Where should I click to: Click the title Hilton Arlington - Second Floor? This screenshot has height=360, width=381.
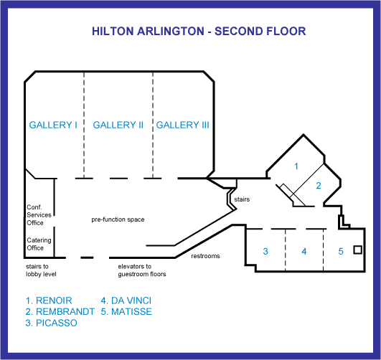[199, 32]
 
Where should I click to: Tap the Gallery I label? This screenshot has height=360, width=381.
[53, 125]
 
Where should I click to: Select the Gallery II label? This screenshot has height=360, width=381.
[118, 125]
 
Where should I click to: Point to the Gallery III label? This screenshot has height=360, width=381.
[182, 125]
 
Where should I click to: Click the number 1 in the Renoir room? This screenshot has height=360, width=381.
[296, 166]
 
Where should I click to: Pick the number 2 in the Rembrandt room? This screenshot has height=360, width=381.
[319, 186]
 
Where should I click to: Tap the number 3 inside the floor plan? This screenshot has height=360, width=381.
[265, 251]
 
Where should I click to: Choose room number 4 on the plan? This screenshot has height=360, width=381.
[304, 252]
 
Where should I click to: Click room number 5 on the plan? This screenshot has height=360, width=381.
[341, 252]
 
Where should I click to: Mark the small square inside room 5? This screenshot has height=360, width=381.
[357, 250]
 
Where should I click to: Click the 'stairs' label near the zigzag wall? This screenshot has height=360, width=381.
[242, 199]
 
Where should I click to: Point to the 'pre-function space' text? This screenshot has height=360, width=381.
[118, 219]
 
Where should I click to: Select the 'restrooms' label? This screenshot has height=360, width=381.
[205, 256]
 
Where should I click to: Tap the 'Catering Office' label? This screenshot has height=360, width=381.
[39, 244]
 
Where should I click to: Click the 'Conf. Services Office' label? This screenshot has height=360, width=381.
[39, 215]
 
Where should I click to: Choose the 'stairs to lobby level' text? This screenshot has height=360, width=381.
[41, 270]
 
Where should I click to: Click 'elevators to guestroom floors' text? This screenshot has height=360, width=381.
[142, 270]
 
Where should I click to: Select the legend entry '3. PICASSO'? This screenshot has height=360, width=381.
[51, 323]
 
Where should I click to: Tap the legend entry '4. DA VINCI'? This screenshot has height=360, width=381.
[126, 300]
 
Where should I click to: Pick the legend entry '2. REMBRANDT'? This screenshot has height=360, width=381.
[60, 312]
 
